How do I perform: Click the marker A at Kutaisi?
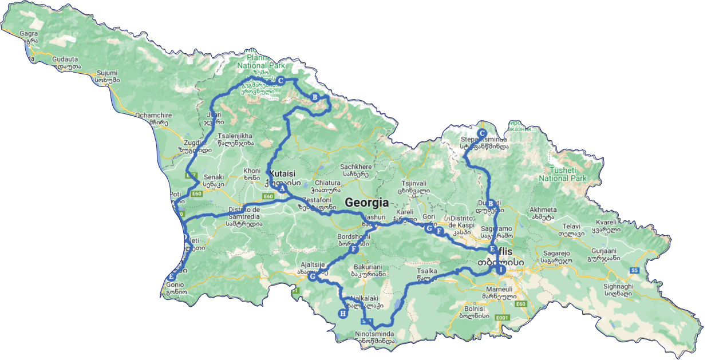[x=282, y=188]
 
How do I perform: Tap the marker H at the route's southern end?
[x=342, y=313]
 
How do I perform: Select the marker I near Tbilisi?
[x=501, y=270]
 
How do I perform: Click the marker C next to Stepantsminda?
[x=482, y=133]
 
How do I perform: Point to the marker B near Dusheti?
[x=490, y=203]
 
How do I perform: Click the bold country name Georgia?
[x=366, y=203]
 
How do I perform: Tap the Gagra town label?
[x=29, y=34]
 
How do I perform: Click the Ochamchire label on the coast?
[x=151, y=115]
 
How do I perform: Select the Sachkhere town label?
[x=357, y=167]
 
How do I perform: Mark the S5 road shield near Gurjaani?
[x=634, y=270]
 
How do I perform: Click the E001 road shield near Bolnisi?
[x=502, y=318]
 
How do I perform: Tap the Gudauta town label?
[x=66, y=60]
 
